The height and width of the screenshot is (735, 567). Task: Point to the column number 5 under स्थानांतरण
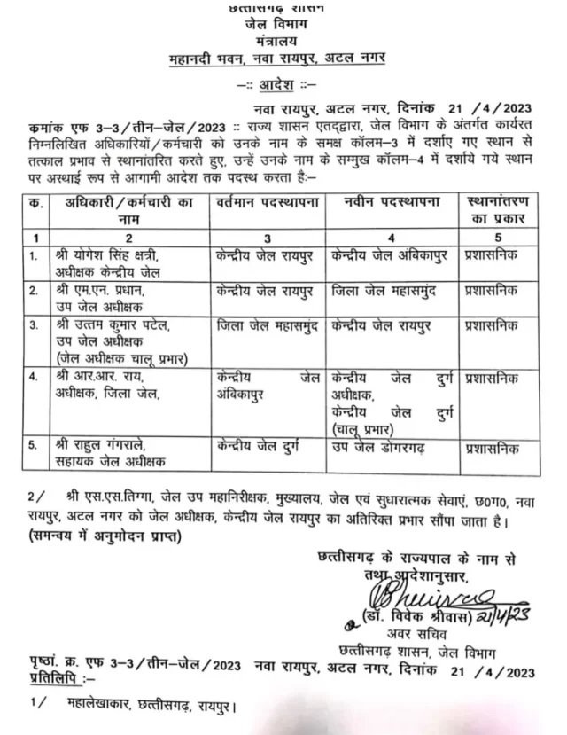pyautogui.click(x=500, y=237)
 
